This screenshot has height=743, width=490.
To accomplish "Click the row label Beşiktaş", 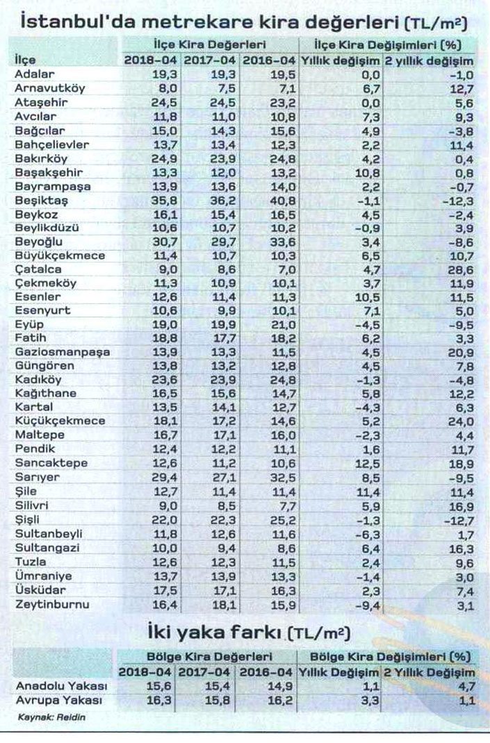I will click(39, 200).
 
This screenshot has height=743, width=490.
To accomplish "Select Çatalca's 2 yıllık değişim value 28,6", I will click(463, 269).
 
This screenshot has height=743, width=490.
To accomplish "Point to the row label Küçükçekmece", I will click(60, 421).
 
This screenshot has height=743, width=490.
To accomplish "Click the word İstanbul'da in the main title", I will click(77, 23).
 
